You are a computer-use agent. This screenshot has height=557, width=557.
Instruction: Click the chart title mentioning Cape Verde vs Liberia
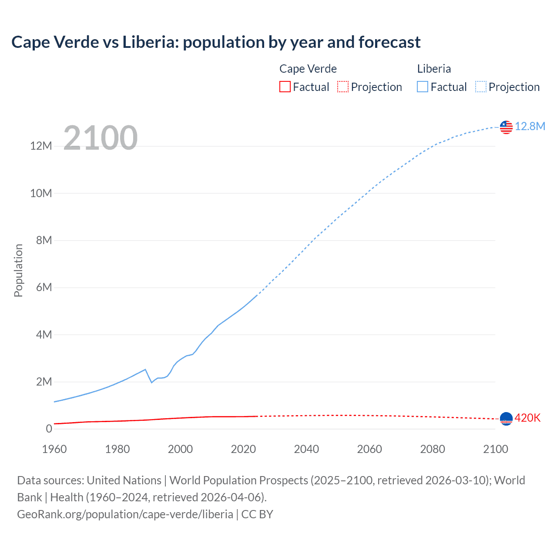pos(216,42)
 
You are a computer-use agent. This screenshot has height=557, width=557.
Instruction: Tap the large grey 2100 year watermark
pos(101,138)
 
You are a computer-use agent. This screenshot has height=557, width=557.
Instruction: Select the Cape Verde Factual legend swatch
pos(285,87)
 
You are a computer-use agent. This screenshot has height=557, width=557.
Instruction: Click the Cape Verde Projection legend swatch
pos(343,87)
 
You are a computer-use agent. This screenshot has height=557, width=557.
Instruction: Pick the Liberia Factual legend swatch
pos(423,87)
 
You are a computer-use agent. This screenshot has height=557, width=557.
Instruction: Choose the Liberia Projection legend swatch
pos(480,87)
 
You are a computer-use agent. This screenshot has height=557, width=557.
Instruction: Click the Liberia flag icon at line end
pos(506,127)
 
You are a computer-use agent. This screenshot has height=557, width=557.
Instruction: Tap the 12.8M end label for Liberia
pos(530,126)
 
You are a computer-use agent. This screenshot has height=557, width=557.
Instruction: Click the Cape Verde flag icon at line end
pos(506,419)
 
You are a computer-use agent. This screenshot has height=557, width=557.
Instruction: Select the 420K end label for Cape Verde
pos(527,418)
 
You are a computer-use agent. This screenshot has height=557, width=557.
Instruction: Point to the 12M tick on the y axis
pos(41,146)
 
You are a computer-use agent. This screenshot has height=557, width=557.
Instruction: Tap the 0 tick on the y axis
pos(49,429)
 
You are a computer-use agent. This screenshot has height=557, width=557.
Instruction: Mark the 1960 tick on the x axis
pos(54,449)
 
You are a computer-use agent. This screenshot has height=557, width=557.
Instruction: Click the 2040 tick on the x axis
pos(306,449)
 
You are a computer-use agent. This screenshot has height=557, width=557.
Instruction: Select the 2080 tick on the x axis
pos(433,449)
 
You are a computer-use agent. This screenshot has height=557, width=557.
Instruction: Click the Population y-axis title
pos(18,270)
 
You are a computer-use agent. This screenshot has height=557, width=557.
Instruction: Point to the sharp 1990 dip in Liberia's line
pos(151,382)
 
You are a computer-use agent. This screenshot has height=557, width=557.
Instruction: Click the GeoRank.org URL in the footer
pos(125,514)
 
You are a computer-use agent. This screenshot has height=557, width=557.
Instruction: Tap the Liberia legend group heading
pos(434,69)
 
